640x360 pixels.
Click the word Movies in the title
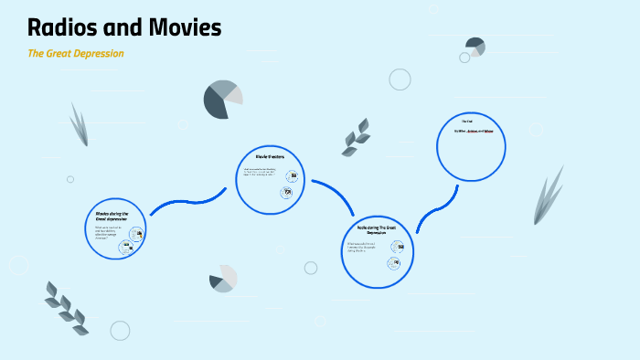point(187,28)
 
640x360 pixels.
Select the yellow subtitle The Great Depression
point(76,53)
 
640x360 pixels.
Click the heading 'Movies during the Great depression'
point(112,216)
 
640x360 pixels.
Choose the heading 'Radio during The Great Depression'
point(370,229)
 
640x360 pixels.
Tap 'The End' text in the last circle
point(466,122)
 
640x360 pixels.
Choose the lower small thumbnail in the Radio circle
point(394,263)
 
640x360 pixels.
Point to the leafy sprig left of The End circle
point(356,136)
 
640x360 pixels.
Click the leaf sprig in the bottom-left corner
point(67,306)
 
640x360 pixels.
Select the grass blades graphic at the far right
point(549,194)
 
